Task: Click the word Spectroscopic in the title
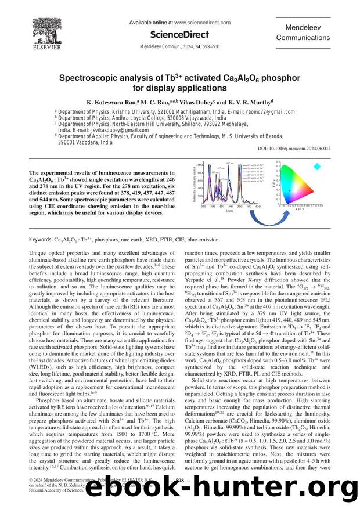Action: point(100,77)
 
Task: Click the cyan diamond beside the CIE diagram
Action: point(317,167)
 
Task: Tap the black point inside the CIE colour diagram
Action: point(289,191)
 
